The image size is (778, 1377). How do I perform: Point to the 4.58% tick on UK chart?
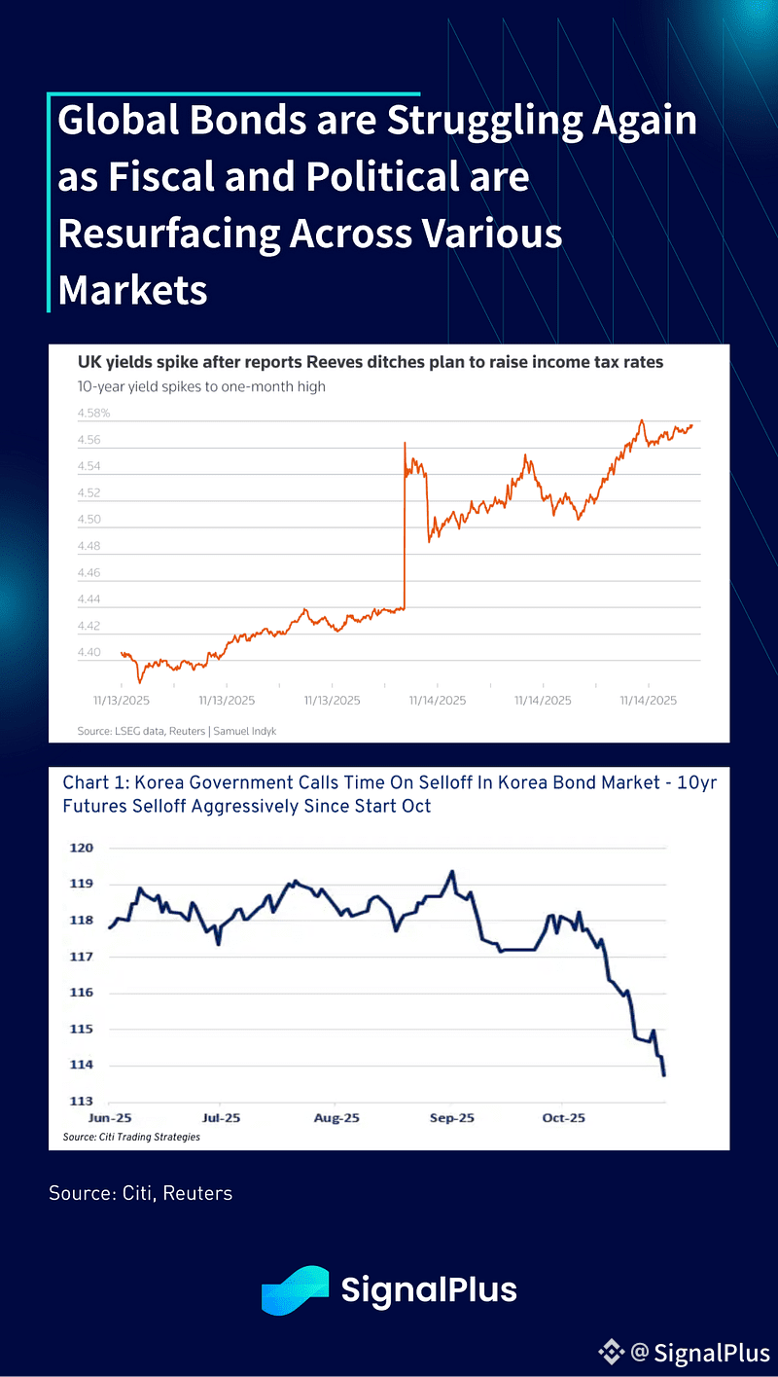pos(94,414)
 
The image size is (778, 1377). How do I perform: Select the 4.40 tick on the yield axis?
pos(88,652)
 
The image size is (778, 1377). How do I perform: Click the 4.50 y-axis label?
pos(88,520)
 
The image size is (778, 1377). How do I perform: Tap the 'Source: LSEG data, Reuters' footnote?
pos(176,730)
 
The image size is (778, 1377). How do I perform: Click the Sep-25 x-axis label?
pos(451,1118)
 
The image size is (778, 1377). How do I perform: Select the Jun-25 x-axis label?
pos(109,1118)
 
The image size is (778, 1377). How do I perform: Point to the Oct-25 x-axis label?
pos(564,1118)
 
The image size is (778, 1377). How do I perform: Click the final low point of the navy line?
pos(664,1074)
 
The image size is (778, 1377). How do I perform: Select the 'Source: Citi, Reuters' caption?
pos(140,1192)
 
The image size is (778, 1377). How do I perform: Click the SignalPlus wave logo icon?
pos(295,1290)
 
